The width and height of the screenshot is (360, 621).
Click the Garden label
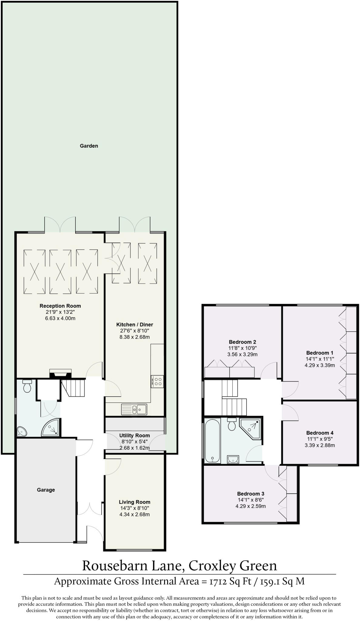click(x=89, y=146)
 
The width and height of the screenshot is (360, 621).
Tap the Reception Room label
click(x=60, y=306)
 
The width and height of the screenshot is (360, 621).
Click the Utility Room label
click(x=134, y=435)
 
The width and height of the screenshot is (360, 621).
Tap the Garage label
click(x=46, y=490)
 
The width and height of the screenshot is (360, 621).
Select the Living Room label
click(x=134, y=502)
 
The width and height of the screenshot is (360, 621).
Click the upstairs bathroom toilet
click(x=232, y=424)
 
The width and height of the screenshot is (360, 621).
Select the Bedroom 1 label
click(x=320, y=353)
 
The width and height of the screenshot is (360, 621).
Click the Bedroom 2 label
click(x=242, y=342)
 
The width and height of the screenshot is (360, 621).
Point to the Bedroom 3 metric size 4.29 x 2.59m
click(x=251, y=506)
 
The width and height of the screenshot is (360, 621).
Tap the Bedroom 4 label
click(x=320, y=433)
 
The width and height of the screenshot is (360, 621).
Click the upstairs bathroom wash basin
click(x=233, y=460)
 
